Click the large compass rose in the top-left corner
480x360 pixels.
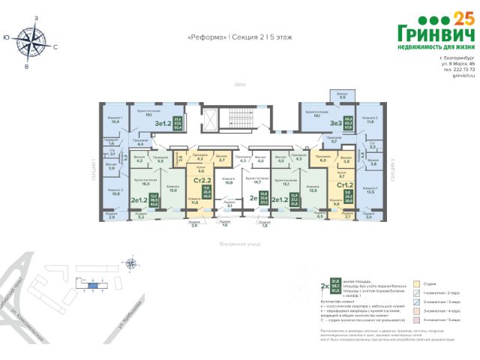click(31, 39)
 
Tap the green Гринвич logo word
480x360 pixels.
click(436, 34)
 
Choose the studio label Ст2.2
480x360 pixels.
click(201, 180)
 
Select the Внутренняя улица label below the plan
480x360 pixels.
click(239, 244)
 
